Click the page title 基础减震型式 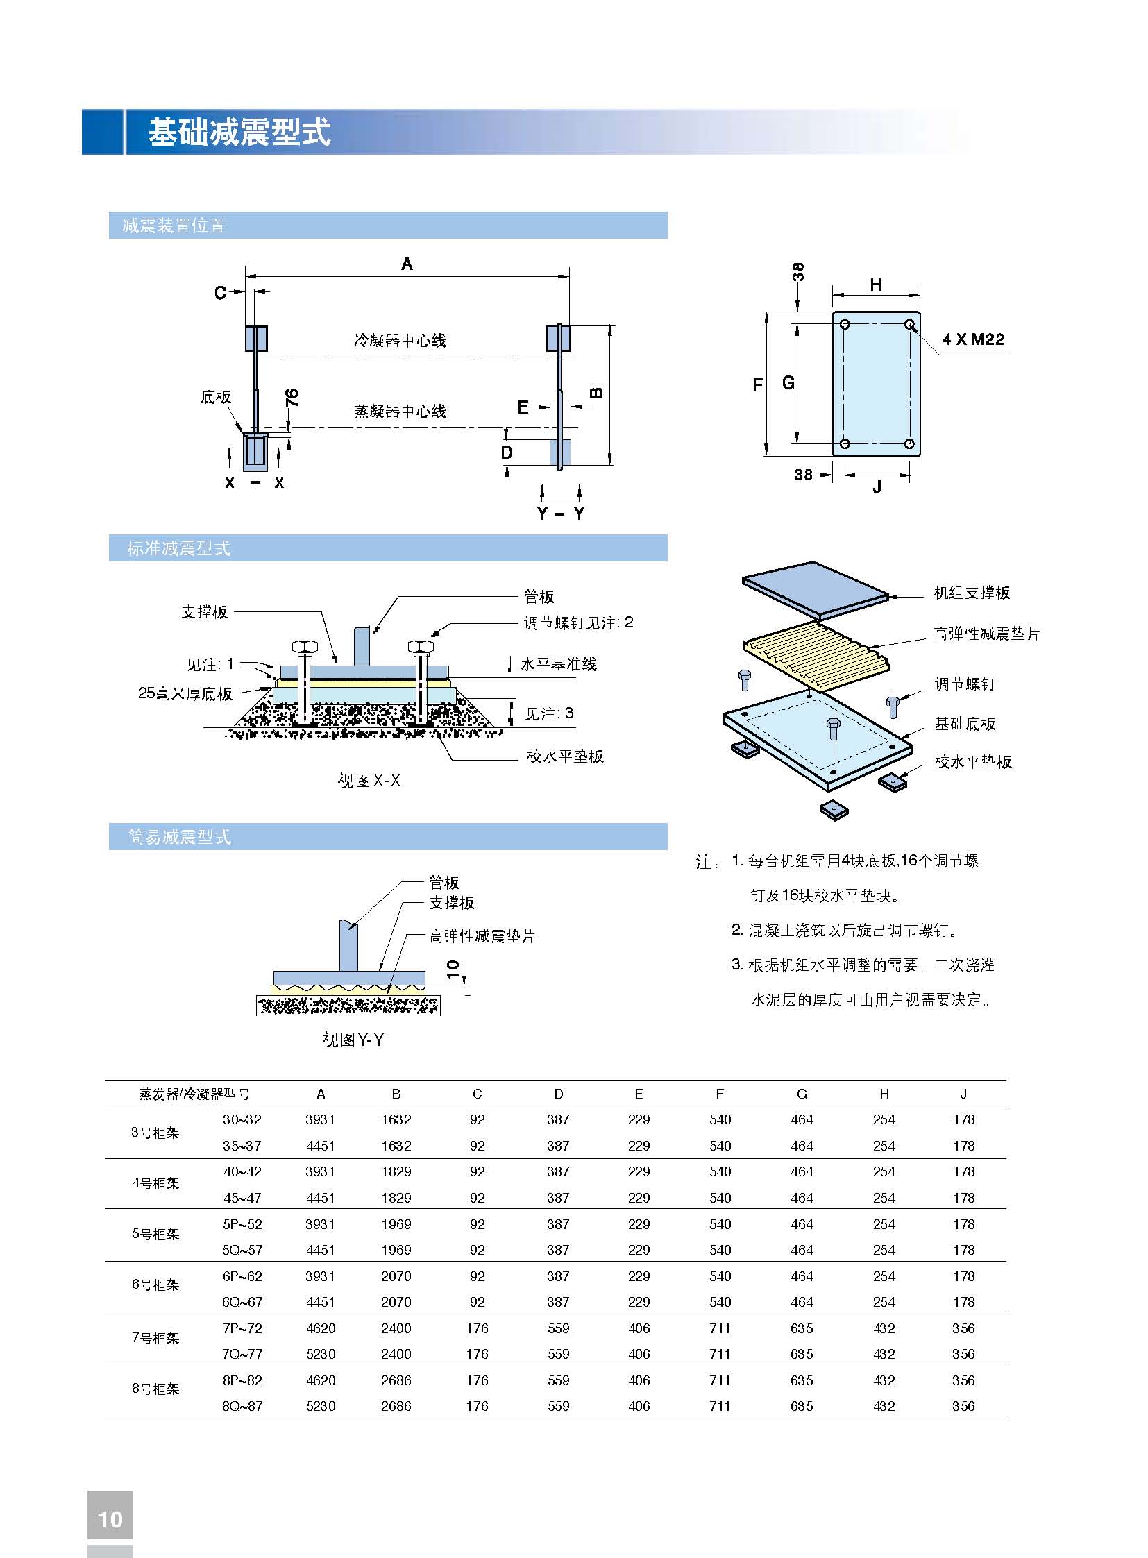pos(239,132)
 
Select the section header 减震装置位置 pos(174,226)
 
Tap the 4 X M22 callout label pos(973,339)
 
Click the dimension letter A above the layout pos(407,264)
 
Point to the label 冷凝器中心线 pos(400,341)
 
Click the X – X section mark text pos(254,482)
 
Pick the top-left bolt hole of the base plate pos(844,325)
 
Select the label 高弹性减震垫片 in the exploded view pos(987,634)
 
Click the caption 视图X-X pos(369,781)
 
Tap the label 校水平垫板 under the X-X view pos(565,756)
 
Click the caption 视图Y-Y pos(353,1040)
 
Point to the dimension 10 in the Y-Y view pos(453,969)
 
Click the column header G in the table pos(802,1094)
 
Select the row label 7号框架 pos(155,1338)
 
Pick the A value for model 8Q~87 pos(321,1406)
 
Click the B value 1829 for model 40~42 pos(396,1171)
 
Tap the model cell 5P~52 pos(242,1223)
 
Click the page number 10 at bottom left pos(110,1519)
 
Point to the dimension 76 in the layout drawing pos(293,398)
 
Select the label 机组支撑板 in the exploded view pos(972,593)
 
